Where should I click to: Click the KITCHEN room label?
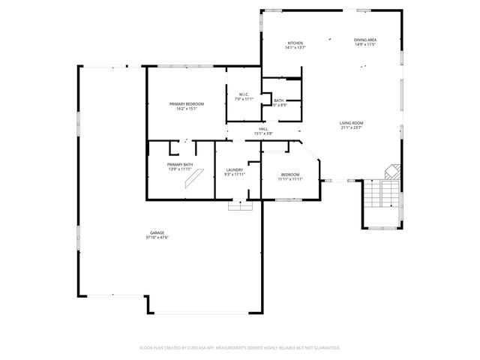pyautogui.click(x=295, y=43)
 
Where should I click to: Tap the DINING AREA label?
pyautogui.click(x=365, y=40)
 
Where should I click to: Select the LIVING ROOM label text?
pyautogui.click(x=351, y=123)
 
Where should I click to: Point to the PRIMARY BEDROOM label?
pyautogui.click(x=186, y=103)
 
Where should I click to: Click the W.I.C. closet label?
pyautogui.click(x=244, y=94)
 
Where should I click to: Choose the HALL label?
pyautogui.click(x=263, y=129)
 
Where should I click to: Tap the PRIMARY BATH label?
pyautogui.click(x=180, y=164)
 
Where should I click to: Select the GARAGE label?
pyautogui.click(x=156, y=232)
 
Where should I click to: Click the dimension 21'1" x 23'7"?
pyautogui.click(x=351, y=127)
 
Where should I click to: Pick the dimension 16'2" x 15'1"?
pyautogui.click(x=186, y=109)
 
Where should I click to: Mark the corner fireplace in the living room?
pyautogui.click(x=391, y=170)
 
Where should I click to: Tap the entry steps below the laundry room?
pyautogui.click(x=240, y=205)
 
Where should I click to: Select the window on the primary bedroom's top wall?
pyautogui.click(x=182, y=67)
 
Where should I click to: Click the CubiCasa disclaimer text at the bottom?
pyautogui.click(x=240, y=348)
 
